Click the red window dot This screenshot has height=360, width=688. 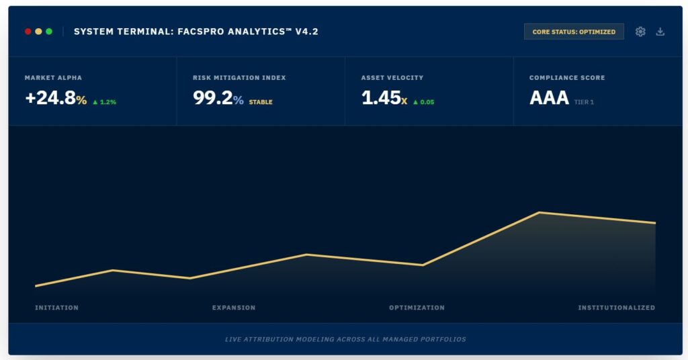[28, 32]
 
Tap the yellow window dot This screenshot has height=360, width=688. [38, 32]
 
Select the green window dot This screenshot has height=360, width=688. [48, 32]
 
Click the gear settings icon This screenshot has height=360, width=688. [640, 32]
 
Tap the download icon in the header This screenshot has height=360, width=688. [660, 32]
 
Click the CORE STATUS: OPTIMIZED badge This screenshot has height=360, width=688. [574, 32]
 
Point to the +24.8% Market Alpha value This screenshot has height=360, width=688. [56, 98]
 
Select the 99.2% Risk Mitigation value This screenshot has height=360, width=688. [218, 98]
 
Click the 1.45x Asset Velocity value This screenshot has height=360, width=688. [384, 98]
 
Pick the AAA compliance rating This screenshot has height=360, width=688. [549, 98]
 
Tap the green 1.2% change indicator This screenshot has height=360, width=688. [104, 102]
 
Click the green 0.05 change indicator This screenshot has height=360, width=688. [423, 102]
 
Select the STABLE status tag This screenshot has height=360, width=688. [261, 102]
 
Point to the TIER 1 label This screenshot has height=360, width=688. [584, 102]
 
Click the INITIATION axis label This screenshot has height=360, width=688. [56, 308]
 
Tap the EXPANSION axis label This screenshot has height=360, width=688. [233, 308]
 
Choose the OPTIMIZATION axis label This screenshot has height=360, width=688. [417, 308]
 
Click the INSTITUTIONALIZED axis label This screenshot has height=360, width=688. [617, 308]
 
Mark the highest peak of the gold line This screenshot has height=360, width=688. [540, 213]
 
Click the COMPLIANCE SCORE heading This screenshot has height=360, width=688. [567, 78]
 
